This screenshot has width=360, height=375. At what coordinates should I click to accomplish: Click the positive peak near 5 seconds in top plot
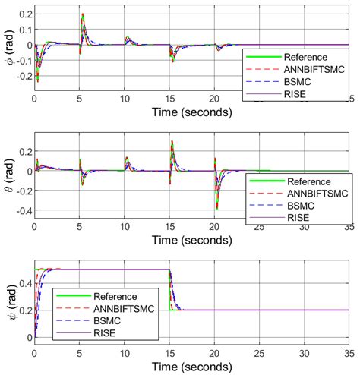point(82,15)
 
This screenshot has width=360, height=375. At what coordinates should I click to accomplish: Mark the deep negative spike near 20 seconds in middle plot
point(216,206)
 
